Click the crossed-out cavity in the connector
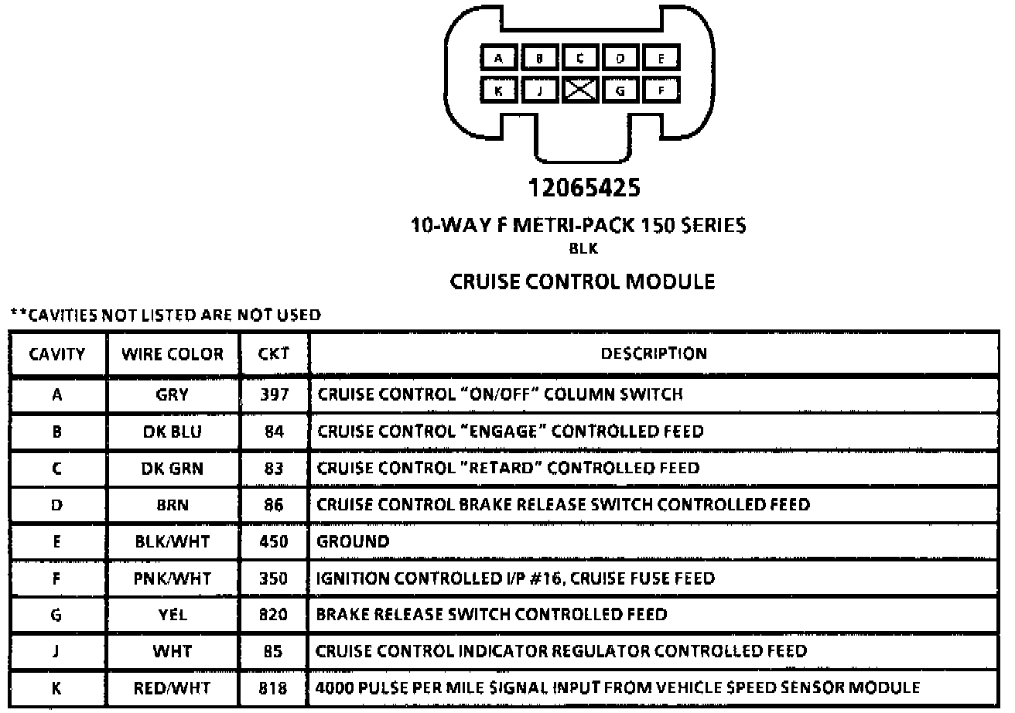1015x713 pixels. [579, 90]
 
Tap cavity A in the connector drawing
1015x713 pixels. [499, 58]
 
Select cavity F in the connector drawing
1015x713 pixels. [661, 90]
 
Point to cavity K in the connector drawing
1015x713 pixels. [499, 90]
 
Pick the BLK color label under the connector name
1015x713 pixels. [583, 249]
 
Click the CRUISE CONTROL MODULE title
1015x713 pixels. [583, 281]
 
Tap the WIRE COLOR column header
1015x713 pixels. [173, 355]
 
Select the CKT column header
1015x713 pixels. [274, 354]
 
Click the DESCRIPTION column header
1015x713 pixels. [654, 353]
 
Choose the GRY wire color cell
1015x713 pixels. [173, 395]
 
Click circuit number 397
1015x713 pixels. [274, 395]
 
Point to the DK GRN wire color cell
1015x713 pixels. [173, 469]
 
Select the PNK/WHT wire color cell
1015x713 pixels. [173, 578]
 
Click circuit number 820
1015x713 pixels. [274, 615]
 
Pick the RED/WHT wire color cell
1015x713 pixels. [173, 687]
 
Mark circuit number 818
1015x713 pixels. [274, 687]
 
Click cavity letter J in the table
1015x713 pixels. [56, 651]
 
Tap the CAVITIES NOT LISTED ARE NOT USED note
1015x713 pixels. [166, 315]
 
